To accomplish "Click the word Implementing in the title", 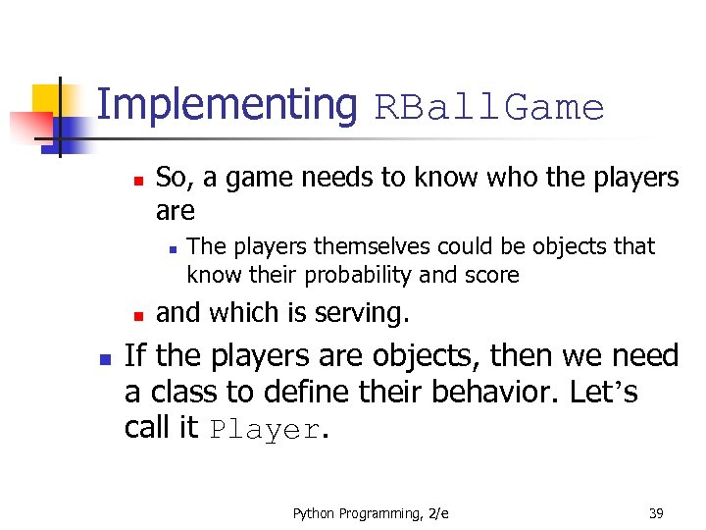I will [227, 105].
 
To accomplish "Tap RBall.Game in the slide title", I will [489, 107].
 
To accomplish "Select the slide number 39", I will [656, 513].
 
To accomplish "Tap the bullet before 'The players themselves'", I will [170, 249].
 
